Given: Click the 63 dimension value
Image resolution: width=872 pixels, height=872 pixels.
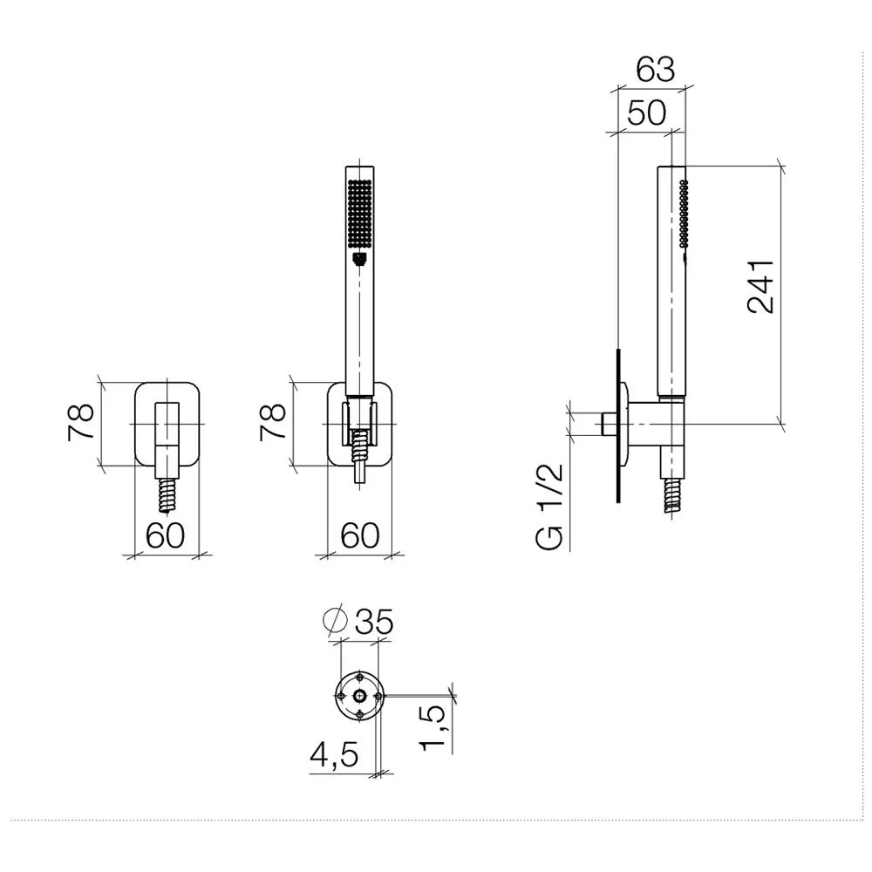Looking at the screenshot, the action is click(x=656, y=70).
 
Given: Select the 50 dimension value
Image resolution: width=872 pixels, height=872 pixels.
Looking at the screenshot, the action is click(x=646, y=112).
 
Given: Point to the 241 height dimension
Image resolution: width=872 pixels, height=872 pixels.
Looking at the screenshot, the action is click(x=760, y=286).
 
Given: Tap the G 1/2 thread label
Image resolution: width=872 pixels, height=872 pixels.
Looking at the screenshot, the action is click(x=550, y=508).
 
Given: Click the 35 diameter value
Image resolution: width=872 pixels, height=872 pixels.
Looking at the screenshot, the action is click(x=374, y=621).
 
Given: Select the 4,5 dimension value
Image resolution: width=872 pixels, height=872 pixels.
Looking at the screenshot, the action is click(x=334, y=754).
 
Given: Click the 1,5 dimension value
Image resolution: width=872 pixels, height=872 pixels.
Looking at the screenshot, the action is click(x=433, y=727).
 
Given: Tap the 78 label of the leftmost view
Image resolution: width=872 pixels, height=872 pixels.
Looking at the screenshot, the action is click(x=80, y=423).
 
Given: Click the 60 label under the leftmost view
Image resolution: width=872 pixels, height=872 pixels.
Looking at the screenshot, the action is click(x=165, y=535).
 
